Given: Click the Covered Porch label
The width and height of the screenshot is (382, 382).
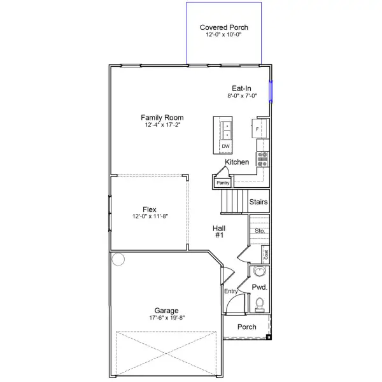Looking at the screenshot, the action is coord(224,27).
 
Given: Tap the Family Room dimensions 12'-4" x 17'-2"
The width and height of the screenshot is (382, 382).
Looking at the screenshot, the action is coord(162,125).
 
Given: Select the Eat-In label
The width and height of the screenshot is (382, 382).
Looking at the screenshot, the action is coord(241,88).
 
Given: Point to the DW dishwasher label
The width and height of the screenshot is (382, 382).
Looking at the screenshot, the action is coord(225,146).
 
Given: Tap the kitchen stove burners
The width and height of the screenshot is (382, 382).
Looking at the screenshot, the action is coord(262,159).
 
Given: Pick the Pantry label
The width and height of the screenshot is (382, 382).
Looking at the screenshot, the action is coord(223,183).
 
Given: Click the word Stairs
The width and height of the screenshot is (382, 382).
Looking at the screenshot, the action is coord(258,202).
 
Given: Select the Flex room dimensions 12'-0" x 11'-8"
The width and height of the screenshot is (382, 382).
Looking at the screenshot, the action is coord(150,216).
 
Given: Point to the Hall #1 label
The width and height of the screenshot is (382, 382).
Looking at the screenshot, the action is coord(219,232).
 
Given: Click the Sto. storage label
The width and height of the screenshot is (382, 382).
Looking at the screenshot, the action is coord(260,230).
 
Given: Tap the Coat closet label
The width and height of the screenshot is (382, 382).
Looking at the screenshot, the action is coord(266,255).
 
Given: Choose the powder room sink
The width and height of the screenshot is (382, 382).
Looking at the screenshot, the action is coord(260,271).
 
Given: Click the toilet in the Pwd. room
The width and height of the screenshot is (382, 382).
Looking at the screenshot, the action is coord(260,305).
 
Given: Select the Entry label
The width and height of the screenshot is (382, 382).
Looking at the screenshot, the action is coord(230,291).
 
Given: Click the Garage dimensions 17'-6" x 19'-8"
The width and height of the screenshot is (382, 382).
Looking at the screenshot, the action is coord(167,318).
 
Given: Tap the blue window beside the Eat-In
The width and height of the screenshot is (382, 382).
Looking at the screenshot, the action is coord(271,91).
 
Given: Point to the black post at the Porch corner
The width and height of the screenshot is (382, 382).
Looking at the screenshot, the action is coord(269,337).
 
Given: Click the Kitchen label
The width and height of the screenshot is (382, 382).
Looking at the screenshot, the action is coord(237,162).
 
